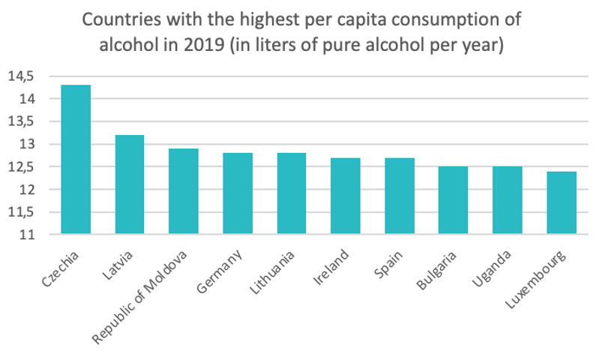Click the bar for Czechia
(76, 160)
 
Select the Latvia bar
(130, 184)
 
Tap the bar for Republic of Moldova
(184, 191)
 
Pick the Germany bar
(238, 193)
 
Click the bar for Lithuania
(292, 193)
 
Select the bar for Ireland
(346, 196)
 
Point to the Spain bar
(400, 196)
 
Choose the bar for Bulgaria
(454, 200)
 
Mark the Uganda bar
(508, 200)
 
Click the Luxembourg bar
(562, 202)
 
